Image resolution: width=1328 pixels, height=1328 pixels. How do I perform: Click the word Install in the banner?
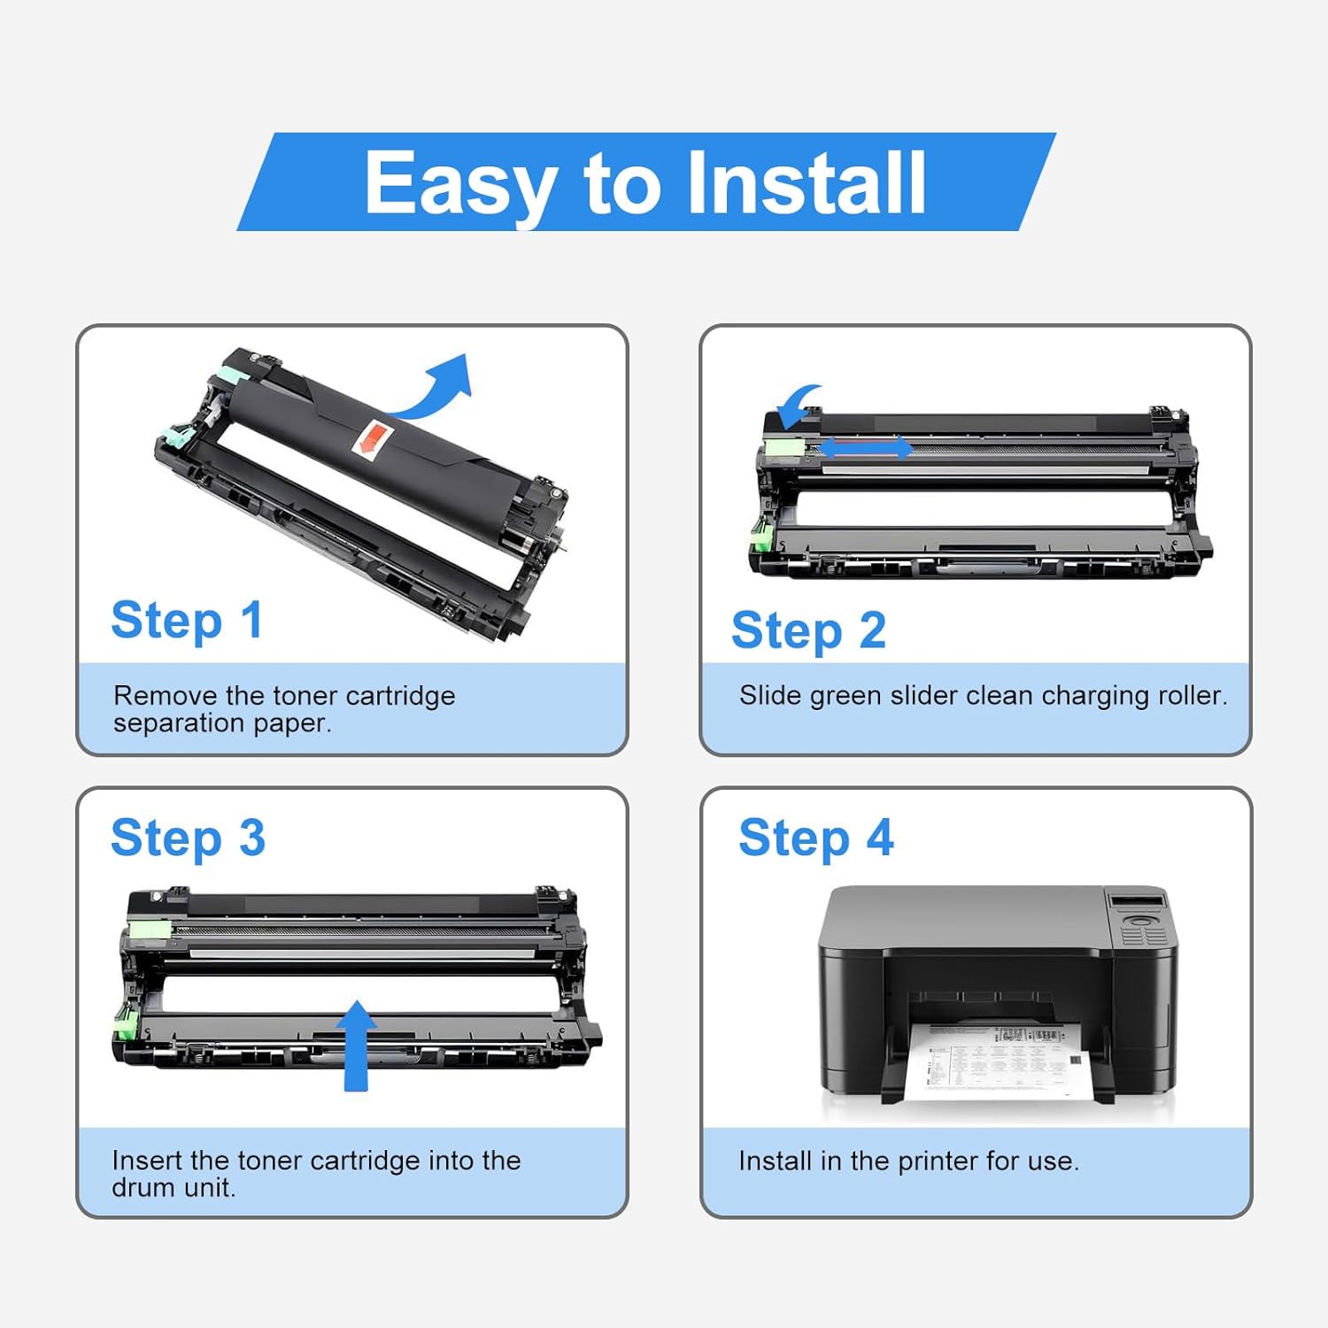[806, 182]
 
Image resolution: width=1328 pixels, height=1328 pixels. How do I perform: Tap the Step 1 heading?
[187, 620]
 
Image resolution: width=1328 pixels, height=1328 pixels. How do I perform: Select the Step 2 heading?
[808, 630]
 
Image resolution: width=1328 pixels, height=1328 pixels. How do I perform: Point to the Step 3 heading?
[188, 838]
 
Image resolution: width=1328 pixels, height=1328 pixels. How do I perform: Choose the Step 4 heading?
[815, 838]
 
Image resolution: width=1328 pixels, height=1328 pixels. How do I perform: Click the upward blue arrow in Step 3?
[356, 1045]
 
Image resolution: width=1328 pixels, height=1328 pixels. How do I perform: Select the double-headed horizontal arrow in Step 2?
[865, 447]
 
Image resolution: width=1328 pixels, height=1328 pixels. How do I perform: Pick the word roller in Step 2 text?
[1192, 696]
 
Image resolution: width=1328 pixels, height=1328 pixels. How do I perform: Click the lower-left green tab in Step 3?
[125, 1023]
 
